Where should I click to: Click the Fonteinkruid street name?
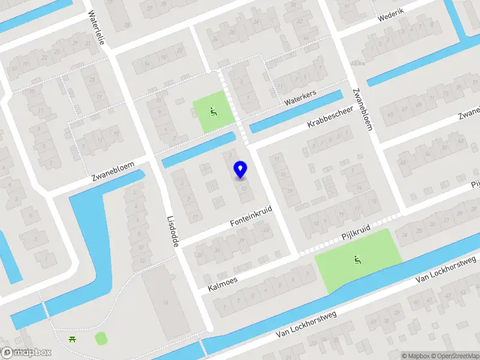251,217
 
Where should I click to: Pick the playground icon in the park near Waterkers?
212,111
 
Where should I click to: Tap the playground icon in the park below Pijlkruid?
357,260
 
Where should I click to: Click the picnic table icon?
73,340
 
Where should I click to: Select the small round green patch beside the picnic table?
101,338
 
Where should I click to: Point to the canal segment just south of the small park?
199,150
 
